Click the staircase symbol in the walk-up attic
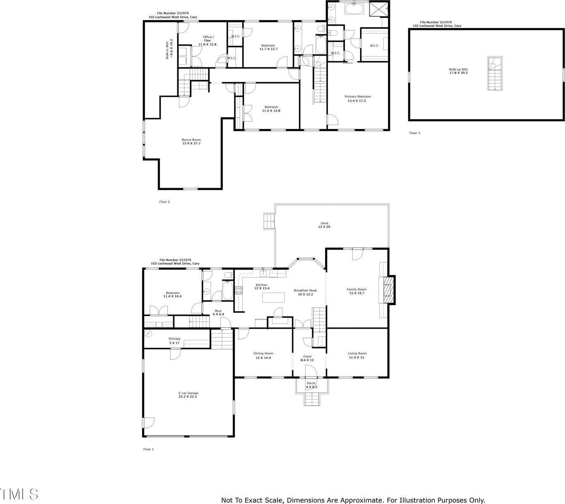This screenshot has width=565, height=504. point(495,74)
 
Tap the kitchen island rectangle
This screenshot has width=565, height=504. point(275,297)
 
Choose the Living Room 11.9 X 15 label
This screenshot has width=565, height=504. point(357,355)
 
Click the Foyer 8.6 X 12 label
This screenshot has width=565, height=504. point(307,358)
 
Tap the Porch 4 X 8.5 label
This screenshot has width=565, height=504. point(311,385)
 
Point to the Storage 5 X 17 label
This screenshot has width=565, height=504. point(174,340)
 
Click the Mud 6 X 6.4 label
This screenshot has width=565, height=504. point(218,313)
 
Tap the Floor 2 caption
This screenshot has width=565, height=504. point(164,202)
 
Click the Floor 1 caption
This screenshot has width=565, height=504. point(149,449)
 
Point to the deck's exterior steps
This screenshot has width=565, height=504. point(269,221)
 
